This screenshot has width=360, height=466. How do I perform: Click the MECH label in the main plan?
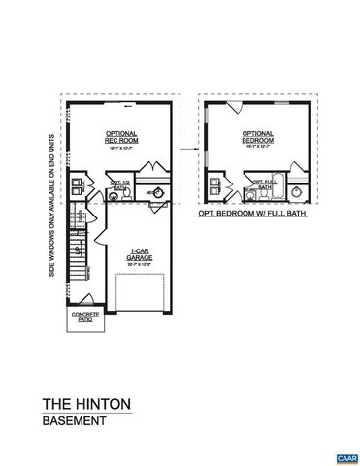click(150, 193)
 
